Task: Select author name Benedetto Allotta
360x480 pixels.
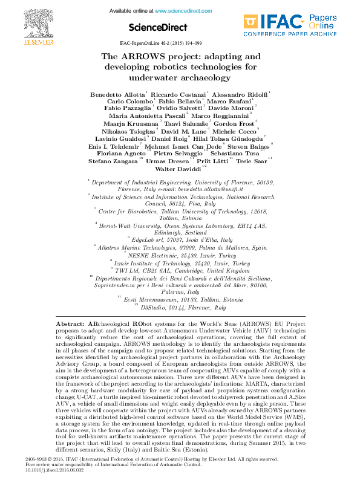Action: click(117, 94)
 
